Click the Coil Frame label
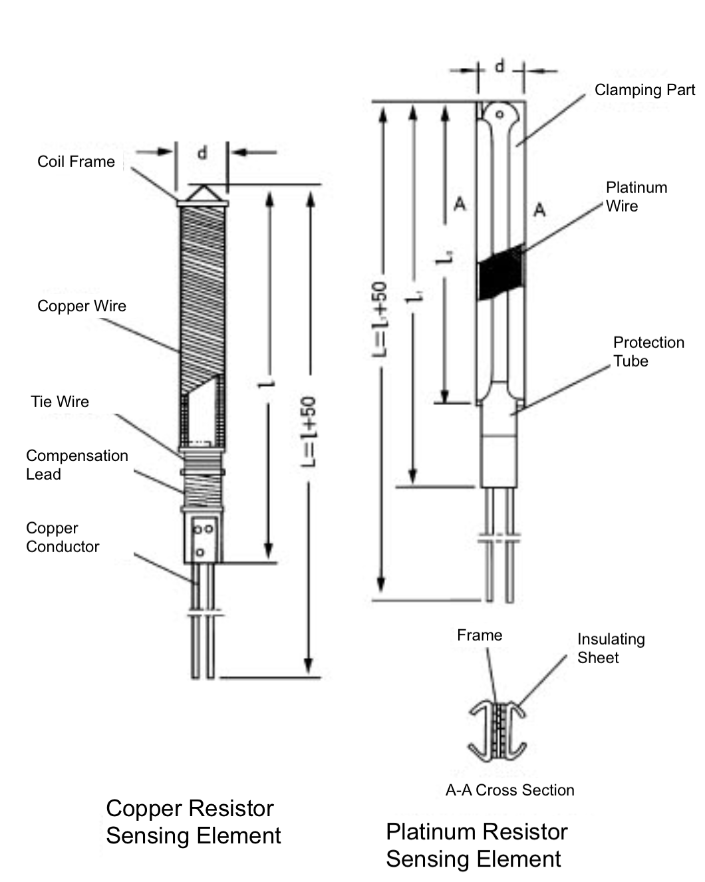(x=76, y=162)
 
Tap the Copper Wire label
(x=82, y=306)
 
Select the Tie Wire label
(x=60, y=402)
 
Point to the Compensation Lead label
(x=77, y=465)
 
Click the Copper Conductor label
(x=63, y=537)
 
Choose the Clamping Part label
(x=644, y=90)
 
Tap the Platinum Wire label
(x=636, y=197)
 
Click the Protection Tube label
(x=649, y=352)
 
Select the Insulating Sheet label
(x=611, y=649)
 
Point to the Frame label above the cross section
(x=480, y=635)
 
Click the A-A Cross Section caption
(x=510, y=790)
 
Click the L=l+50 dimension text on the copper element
(x=308, y=432)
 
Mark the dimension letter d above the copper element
(x=202, y=153)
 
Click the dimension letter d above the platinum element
(x=499, y=67)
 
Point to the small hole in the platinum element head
(x=499, y=114)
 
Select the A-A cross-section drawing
(x=497, y=731)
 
